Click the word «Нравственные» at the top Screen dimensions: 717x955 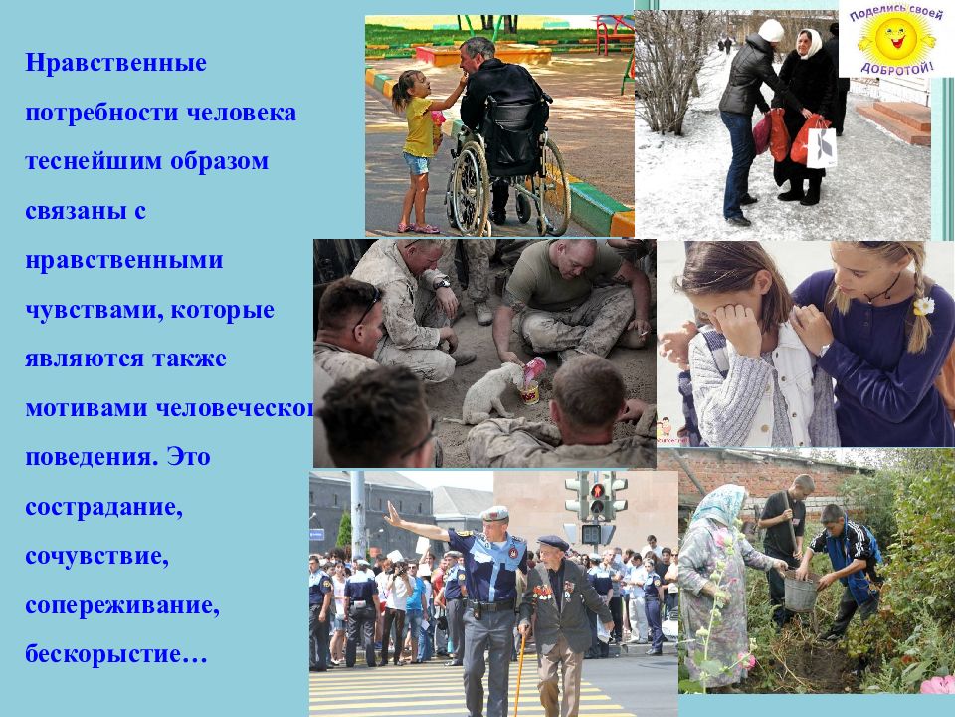click(116, 64)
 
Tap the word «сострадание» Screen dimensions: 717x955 click(103, 507)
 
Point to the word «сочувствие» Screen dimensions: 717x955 click(97, 556)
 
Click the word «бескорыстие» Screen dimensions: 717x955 click(110, 655)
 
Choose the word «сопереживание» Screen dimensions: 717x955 click(120, 605)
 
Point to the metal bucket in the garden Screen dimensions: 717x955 click(801, 592)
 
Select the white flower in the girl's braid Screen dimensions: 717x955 click(923, 305)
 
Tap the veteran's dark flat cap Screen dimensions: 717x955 click(552, 542)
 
